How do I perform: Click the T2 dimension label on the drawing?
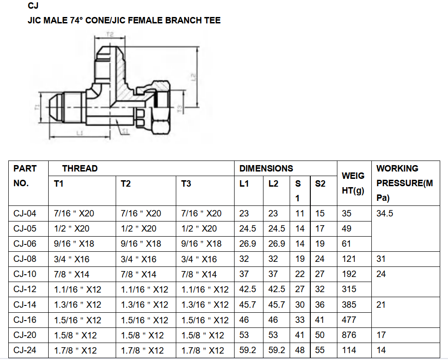110,34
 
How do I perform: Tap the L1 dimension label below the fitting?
79,133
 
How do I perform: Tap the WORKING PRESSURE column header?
404,183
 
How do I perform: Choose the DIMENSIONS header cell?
266,168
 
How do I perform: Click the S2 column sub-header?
320,184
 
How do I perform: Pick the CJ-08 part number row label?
25,259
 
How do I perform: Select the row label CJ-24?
25,350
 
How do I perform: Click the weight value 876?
349,335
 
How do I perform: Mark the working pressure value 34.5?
385,213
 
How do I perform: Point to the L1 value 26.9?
247,244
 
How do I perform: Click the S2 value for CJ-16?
320,320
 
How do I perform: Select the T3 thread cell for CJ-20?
202,335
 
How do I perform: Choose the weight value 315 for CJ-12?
349,289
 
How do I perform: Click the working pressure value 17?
381,335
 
